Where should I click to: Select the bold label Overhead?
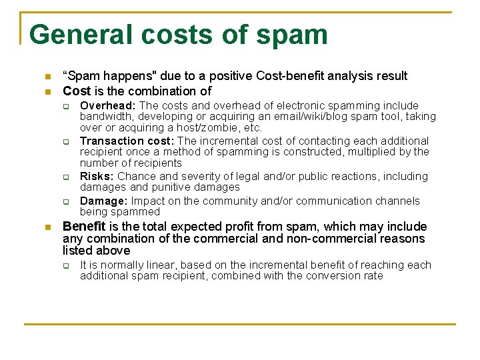tap(108, 105)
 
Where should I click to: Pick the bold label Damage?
tap(104, 201)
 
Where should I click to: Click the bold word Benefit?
tap(84, 227)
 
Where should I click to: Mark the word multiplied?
tap(369, 152)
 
